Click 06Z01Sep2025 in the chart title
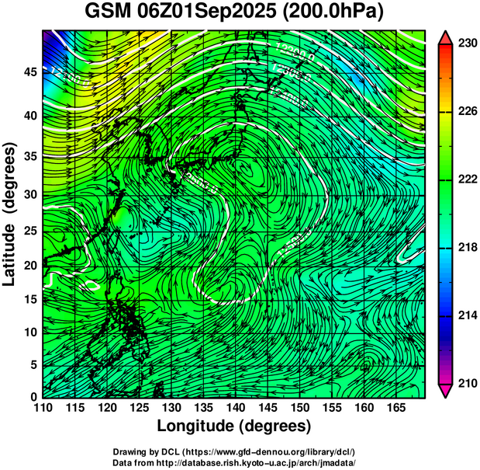point(213,12)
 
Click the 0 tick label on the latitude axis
point(32,397)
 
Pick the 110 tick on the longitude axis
point(43,408)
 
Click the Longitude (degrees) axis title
point(234,426)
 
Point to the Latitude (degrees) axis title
point(11,214)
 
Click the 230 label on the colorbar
point(464,44)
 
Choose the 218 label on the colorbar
point(464,248)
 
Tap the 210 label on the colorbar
point(464,383)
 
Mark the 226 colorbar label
point(464,112)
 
